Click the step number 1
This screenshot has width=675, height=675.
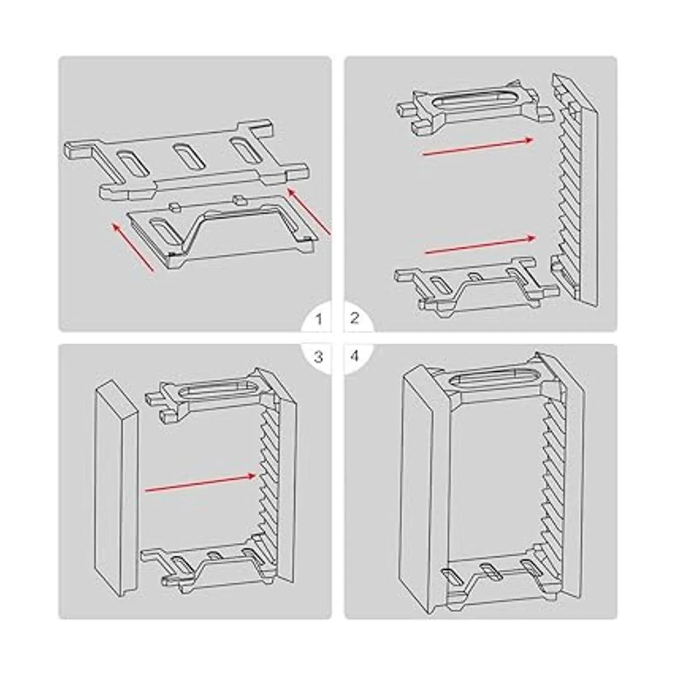319,319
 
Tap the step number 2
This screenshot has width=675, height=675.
354,319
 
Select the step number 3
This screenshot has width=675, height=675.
318,357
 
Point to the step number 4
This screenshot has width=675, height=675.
354,357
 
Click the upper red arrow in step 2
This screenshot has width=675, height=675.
478,146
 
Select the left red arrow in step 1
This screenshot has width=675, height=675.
133,247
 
